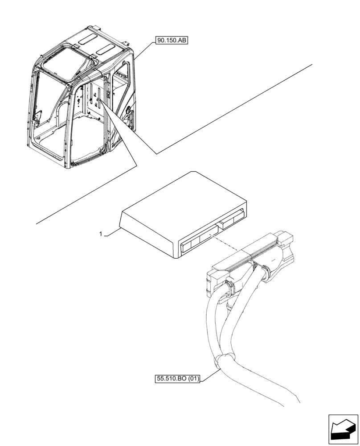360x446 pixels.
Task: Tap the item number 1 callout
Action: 101,233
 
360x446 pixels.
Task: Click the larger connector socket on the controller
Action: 198,241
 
